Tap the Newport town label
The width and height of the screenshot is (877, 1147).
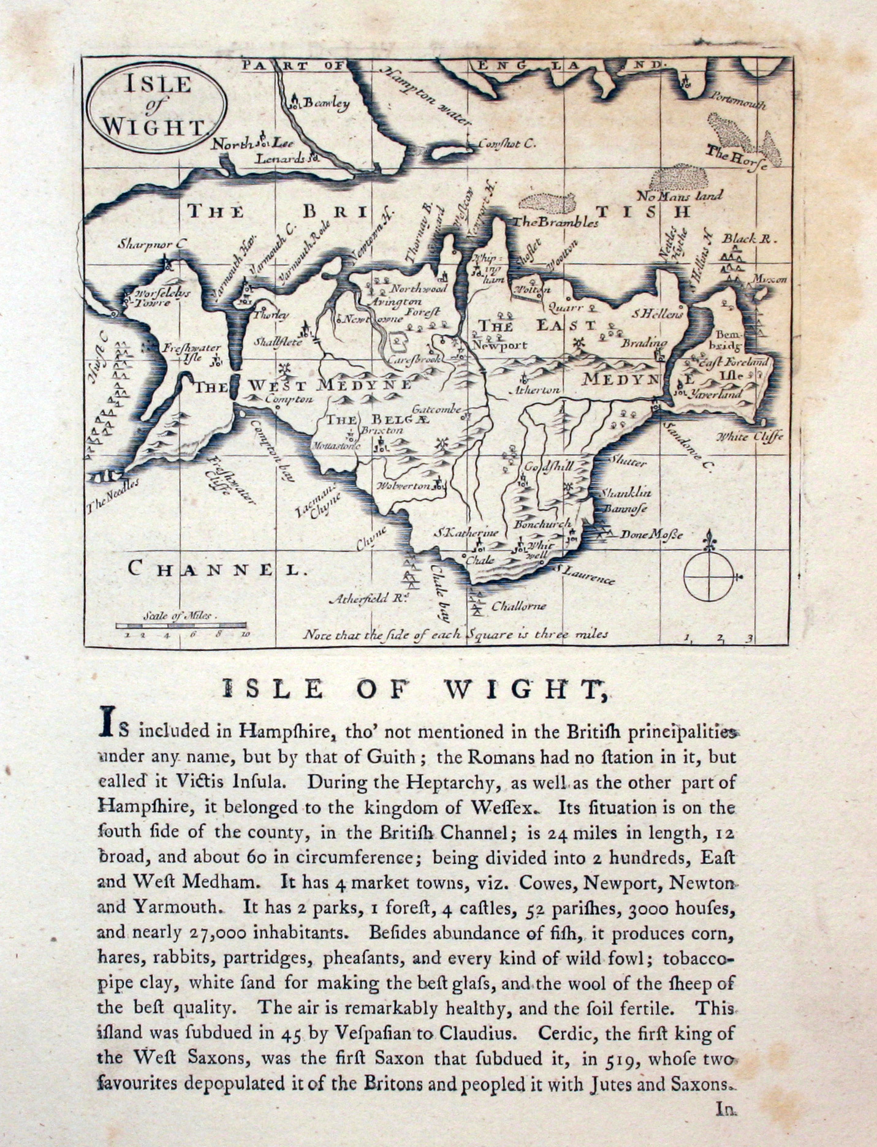500,345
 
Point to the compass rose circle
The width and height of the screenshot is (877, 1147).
708,577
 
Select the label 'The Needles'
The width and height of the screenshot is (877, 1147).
114,495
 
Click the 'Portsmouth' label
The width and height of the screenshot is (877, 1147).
738,101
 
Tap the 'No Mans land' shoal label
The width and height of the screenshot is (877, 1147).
680,196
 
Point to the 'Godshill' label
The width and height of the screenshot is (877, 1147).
547,466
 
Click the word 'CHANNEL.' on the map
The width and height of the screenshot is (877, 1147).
215,569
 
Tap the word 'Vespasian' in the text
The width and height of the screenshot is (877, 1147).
371,1034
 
